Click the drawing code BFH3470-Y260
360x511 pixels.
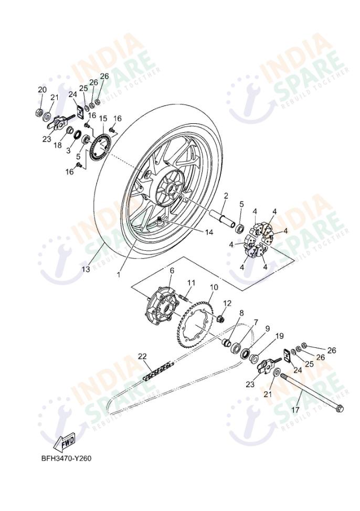(67, 459)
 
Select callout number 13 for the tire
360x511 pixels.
(86, 269)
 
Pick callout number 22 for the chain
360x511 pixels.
(142, 356)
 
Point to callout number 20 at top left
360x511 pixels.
(41, 90)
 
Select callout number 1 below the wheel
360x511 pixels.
(119, 273)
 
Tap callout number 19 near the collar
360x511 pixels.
(280, 336)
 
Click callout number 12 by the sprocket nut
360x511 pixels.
(227, 303)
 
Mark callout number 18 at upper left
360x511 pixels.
(57, 144)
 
